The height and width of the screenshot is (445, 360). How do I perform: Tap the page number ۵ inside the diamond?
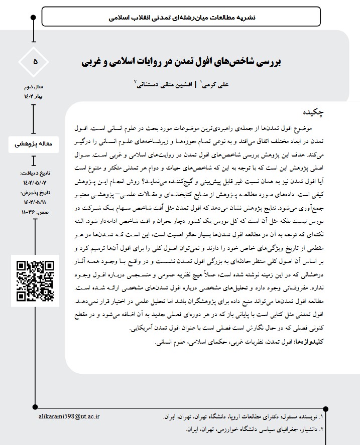(35, 62)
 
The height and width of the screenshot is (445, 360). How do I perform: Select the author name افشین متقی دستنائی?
(162, 85)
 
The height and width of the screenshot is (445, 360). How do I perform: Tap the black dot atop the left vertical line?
(34, 18)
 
